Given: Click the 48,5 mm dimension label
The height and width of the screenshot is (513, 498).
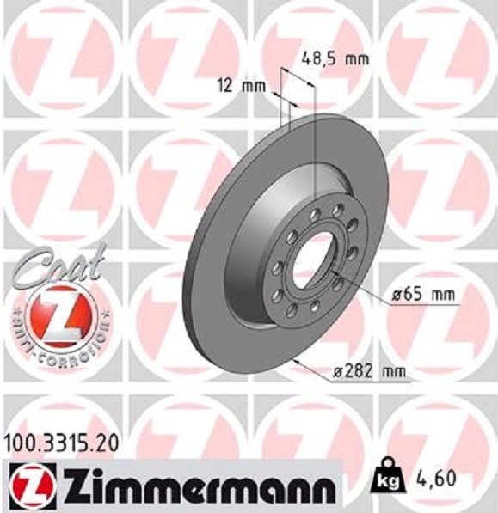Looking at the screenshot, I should pyautogui.click(x=335, y=59).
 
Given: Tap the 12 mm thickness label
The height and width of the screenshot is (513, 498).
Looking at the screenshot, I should pyautogui.click(x=240, y=86).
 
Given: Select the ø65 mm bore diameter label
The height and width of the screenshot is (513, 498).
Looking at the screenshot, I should pyautogui.click(x=421, y=294).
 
